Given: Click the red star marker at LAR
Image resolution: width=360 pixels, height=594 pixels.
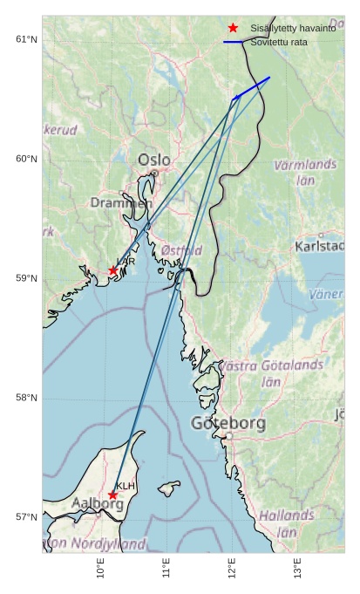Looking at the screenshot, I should pyautogui.click(x=113, y=270).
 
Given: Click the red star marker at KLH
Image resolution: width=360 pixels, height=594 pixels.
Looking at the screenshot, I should pyautogui.click(x=113, y=495).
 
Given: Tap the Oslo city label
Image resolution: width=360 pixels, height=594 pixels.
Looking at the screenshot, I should pyautogui.click(x=154, y=160).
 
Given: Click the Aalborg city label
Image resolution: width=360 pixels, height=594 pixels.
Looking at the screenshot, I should pyautogui.click(x=97, y=503).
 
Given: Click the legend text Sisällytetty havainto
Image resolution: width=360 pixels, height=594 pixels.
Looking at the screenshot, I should pyautogui.click(x=293, y=28).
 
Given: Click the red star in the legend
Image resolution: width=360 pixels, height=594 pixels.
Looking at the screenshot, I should pyautogui.click(x=233, y=28).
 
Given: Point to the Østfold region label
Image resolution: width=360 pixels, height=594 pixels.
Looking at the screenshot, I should pyautogui.click(x=181, y=250).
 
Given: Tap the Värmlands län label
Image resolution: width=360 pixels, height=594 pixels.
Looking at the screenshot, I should pyautogui.click(x=305, y=172).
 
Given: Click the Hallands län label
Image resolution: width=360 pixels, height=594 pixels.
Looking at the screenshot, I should pyautogui.click(x=287, y=523).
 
